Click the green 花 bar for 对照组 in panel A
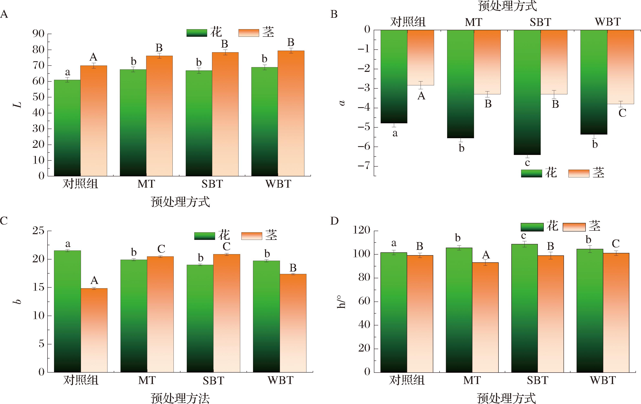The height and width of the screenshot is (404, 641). pos(67,128)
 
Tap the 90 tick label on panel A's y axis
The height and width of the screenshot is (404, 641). pos(38,34)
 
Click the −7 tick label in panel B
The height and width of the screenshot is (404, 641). pos(363,166)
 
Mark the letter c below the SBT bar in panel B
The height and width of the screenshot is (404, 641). pos(527,162)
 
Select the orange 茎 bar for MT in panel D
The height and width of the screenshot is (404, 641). pos(485,317)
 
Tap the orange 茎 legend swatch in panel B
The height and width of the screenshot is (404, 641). pos(578,173)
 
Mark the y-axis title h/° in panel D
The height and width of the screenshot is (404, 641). pos(341,302)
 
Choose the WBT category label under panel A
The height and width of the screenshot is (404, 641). pos(278,184)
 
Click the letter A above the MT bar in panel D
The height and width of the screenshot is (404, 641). pos(486,255)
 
